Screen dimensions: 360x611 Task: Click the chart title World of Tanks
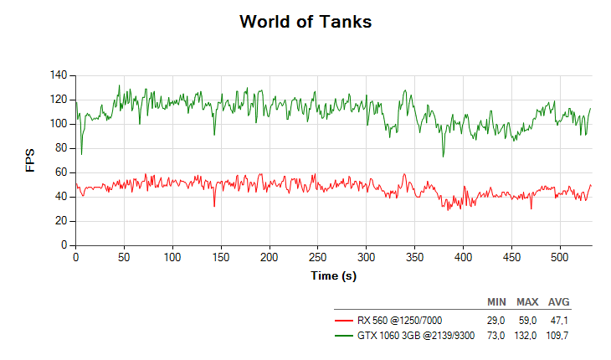[x=305, y=22]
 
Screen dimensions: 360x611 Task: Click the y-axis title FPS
[x=31, y=161]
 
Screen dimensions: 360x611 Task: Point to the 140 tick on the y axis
[x=58, y=75]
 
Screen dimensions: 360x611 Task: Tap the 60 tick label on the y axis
[x=60, y=172]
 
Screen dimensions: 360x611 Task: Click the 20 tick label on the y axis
[x=60, y=221]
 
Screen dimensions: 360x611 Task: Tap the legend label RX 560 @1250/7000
[x=399, y=320]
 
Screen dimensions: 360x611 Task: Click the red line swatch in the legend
[x=344, y=320]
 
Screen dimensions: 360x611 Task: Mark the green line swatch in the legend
[x=344, y=335]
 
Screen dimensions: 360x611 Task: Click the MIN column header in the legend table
[x=496, y=301]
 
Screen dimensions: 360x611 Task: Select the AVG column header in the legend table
[x=559, y=301]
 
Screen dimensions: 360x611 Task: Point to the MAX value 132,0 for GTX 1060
[x=526, y=335]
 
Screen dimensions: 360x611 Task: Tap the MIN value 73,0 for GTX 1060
[x=496, y=335]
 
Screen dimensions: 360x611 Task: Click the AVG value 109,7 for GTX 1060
[x=558, y=335]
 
